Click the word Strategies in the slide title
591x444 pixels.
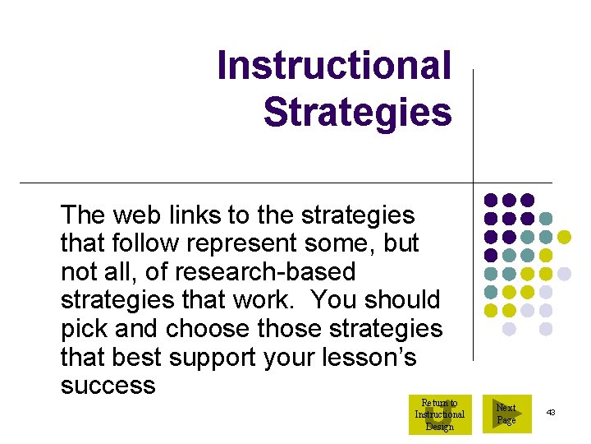[357, 113]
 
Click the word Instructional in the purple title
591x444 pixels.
[334, 66]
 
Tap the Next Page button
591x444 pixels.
[506, 414]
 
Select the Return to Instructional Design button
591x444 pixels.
[439, 414]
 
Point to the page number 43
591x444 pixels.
[550, 411]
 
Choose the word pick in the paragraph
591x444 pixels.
[80, 329]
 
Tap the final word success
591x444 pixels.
[108, 386]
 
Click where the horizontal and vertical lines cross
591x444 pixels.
[474, 182]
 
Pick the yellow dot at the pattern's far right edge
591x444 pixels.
[564, 237]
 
